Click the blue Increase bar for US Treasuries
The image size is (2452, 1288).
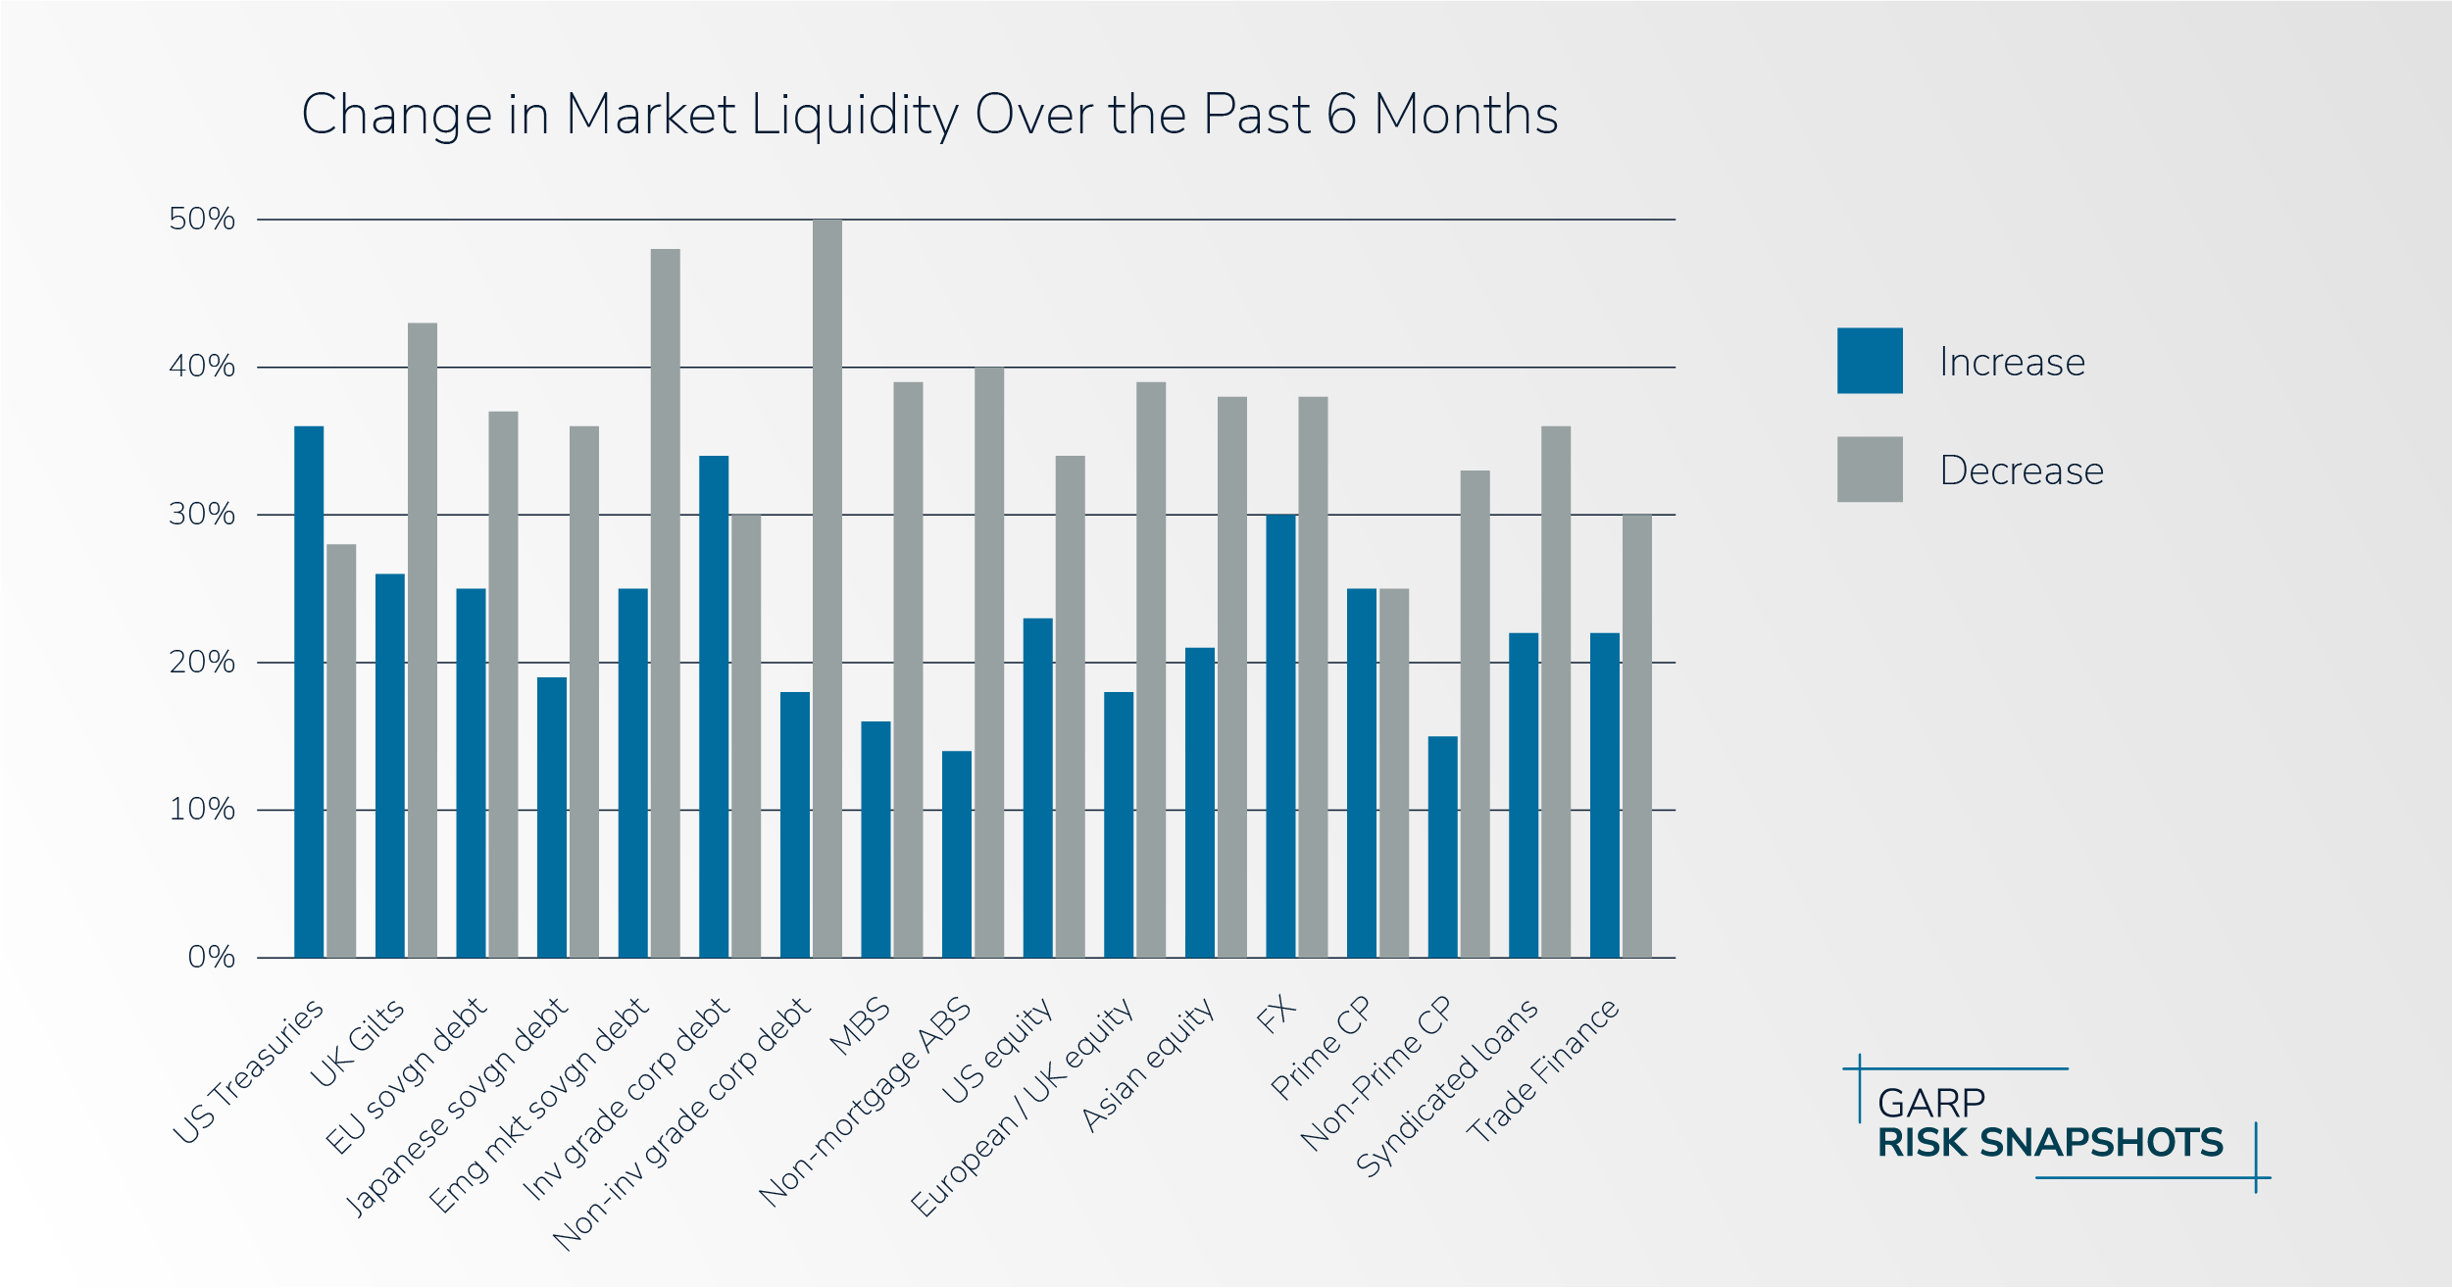coord(309,691)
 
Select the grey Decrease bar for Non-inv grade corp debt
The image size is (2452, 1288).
coord(826,588)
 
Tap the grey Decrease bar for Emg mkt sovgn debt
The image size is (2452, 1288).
coord(665,603)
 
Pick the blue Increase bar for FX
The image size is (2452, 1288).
coord(1280,735)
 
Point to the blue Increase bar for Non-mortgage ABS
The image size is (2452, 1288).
coord(957,854)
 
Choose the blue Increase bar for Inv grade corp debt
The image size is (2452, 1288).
coord(714,706)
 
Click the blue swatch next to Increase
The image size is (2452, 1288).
coord(1869,361)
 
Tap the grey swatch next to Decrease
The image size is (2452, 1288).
coord(1869,470)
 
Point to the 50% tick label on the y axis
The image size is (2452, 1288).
coord(202,219)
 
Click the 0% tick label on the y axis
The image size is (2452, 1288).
coord(211,957)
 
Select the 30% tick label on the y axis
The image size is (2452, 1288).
coord(202,514)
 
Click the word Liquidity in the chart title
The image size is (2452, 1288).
coord(855,115)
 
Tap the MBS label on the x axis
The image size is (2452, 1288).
coord(860,1026)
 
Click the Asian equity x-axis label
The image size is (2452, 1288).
coord(1148,1065)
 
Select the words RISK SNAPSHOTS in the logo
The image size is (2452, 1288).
coord(2050,1143)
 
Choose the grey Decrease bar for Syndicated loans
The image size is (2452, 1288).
coord(1555,691)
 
